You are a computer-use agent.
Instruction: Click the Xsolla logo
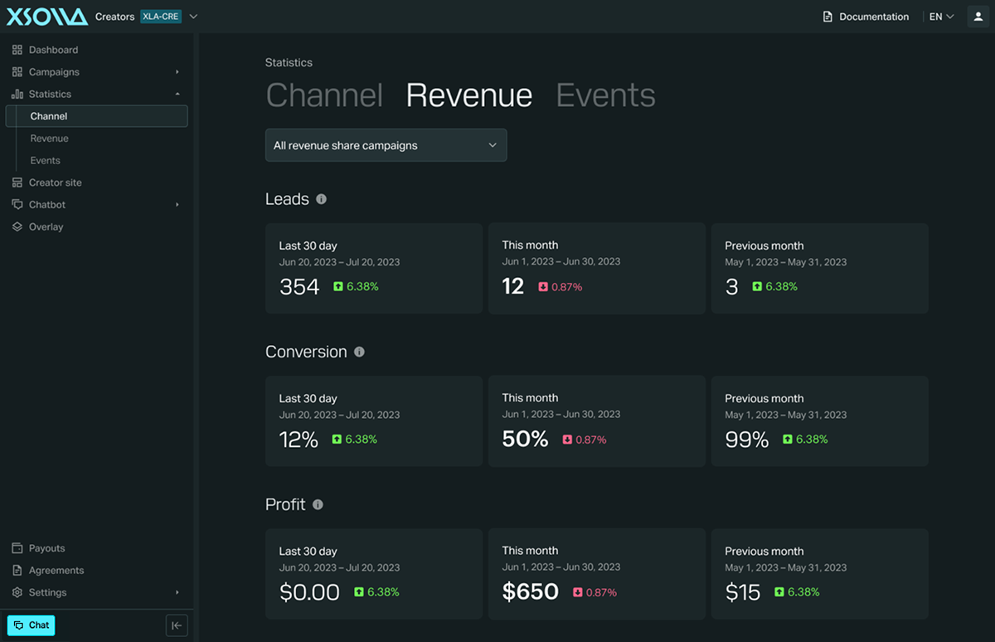point(47,17)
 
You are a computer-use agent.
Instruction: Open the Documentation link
point(866,17)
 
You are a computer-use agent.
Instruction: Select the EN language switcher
point(941,17)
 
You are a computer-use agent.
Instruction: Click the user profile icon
point(978,17)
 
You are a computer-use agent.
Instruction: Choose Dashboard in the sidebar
point(45,50)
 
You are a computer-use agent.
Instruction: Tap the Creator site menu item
point(46,182)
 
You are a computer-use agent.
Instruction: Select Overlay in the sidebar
point(37,226)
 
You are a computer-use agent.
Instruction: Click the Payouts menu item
point(38,548)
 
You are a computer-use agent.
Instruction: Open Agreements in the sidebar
point(47,570)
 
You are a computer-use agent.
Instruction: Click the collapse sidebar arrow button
point(177,625)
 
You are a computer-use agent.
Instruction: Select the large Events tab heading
point(605,95)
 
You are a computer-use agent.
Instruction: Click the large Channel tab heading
point(324,95)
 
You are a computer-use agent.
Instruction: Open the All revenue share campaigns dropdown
point(386,145)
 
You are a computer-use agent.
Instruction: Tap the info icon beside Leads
point(321,199)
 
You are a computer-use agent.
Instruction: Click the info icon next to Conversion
point(359,352)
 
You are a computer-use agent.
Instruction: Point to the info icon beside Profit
point(318,504)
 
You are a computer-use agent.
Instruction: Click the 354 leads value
point(299,286)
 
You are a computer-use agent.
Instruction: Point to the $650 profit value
point(531,591)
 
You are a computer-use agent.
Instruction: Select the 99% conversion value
point(747,440)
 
